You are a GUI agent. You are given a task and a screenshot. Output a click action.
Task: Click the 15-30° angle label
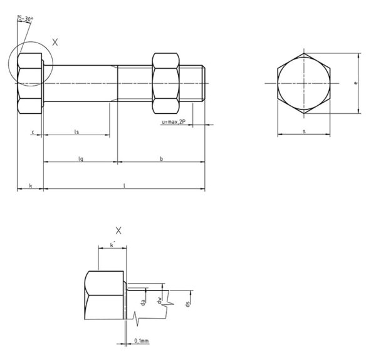coord(26,19)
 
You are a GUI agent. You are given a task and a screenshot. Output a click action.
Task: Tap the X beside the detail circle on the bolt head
coord(55,42)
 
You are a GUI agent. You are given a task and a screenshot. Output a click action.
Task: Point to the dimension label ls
coord(76,131)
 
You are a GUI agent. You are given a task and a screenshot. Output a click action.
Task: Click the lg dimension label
coord(80,159)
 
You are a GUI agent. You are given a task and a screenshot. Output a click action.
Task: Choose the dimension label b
coord(161,159)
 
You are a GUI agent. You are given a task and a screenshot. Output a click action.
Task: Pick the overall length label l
coord(124,185)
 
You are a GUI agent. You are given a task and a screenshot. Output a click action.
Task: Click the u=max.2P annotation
coord(174,123)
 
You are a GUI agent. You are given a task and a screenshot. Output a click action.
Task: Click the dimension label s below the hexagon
coord(304,131)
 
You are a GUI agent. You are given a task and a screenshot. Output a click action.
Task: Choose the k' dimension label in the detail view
coord(112,245)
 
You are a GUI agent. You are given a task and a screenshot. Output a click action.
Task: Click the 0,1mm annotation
coord(141,341)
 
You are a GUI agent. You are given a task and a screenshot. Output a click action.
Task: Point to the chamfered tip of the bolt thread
coord(202,83)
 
